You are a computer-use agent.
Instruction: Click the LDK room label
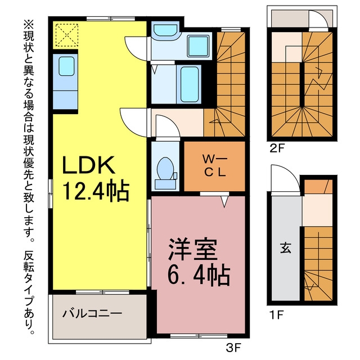pyautogui.click(x=89, y=165)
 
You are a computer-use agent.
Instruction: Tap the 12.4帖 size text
pyautogui.click(x=96, y=190)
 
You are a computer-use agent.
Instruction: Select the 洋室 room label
pyautogui.click(x=192, y=250)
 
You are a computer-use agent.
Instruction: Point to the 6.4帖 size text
pyautogui.click(x=199, y=275)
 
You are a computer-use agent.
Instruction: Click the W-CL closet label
pyautogui.click(x=215, y=165)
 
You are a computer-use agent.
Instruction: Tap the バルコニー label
pyautogui.click(x=92, y=314)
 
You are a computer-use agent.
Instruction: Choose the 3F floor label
pyautogui.click(x=233, y=349)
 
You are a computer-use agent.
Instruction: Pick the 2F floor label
pyautogui.click(x=277, y=149)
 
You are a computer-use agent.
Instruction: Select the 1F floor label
pyautogui.click(x=277, y=315)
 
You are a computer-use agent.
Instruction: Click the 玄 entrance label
pyautogui.click(x=286, y=248)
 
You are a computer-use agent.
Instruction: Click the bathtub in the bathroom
pyautogui.click(x=190, y=84)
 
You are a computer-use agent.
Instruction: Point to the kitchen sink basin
pyautogui.click(x=66, y=66)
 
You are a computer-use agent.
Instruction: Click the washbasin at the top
pyautogui.click(x=165, y=30)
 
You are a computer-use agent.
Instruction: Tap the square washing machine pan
pyautogui.click(x=198, y=46)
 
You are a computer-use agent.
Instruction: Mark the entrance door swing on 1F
pyautogui.click(x=285, y=178)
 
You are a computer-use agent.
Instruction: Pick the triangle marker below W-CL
pyautogui.click(x=225, y=201)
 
